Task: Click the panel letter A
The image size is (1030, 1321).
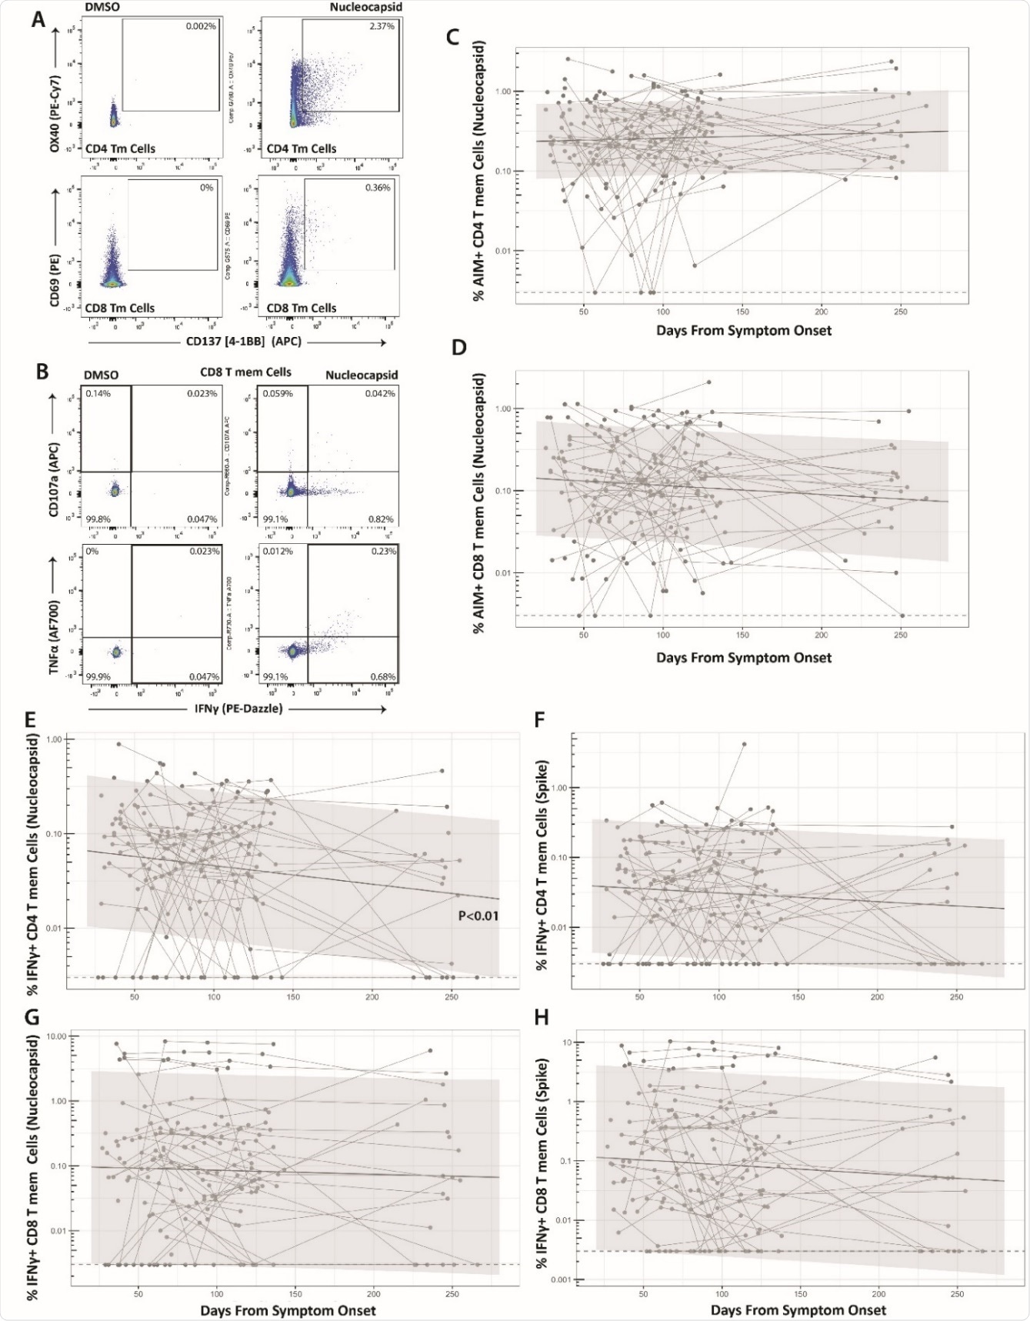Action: tap(38, 19)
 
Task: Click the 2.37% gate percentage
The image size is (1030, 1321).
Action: tap(382, 26)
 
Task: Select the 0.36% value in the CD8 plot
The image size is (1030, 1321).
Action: tap(378, 187)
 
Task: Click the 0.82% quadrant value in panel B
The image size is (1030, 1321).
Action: tap(382, 519)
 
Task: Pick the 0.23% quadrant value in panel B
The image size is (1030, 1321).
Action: tap(382, 552)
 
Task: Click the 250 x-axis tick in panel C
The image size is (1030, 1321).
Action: tap(901, 312)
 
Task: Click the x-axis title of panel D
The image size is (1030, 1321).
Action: tap(744, 658)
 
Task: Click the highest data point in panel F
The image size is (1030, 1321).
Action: tap(744, 744)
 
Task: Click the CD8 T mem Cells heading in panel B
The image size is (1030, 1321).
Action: tap(241, 372)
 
